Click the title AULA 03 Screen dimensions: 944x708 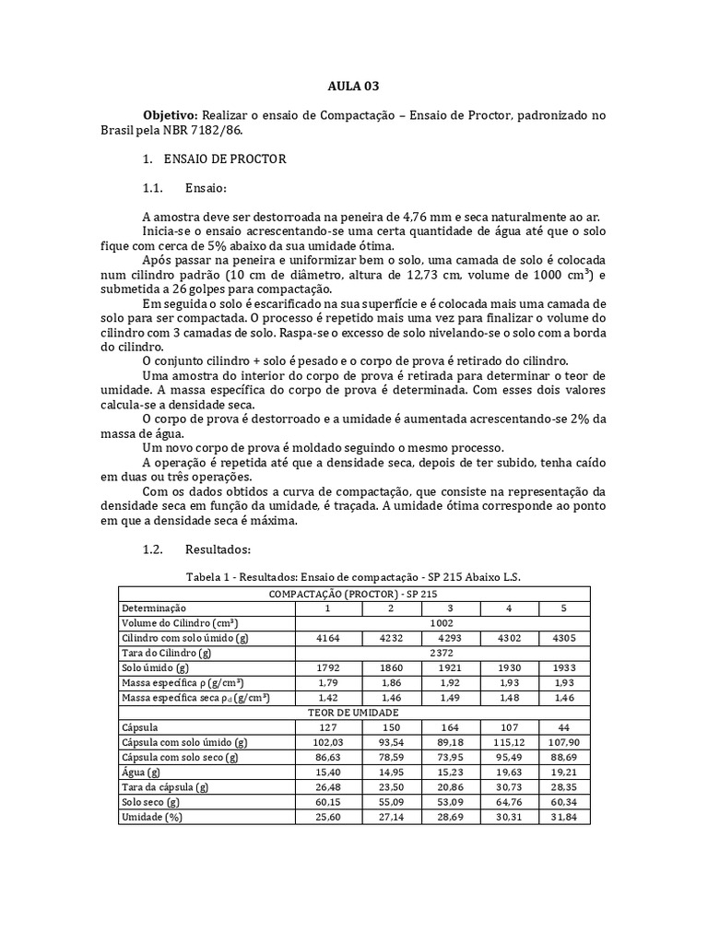pos(353,86)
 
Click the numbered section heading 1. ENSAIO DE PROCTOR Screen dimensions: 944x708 pos(215,159)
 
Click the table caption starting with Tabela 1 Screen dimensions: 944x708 pos(353,576)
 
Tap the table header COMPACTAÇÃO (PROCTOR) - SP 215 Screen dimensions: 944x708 pos(353,594)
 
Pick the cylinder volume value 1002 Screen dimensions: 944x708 pos(442,623)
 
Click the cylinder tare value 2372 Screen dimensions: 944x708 pos(442,652)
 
